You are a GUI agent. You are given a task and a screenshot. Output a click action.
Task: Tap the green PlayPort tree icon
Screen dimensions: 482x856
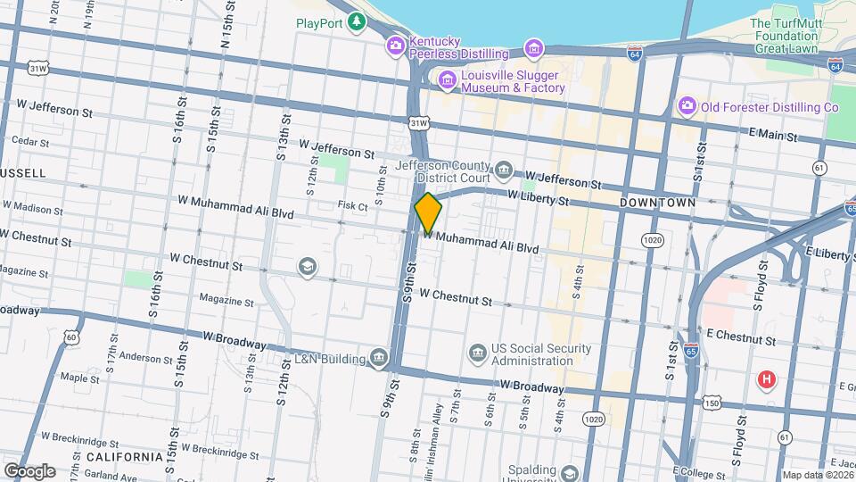pyautogui.click(x=357, y=21)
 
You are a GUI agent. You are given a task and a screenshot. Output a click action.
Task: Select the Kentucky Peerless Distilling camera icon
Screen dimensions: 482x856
pyautogui.click(x=395, y=46)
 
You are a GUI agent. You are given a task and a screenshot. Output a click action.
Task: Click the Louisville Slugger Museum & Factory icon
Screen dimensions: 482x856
pyautogui.click(x=446, y=80)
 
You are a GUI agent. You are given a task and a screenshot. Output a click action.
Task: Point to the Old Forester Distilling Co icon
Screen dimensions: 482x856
pyautogui.click(x=687, y=107)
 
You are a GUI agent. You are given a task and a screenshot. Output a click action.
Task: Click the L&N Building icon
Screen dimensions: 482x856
pyautogui.click(x=379, y=359)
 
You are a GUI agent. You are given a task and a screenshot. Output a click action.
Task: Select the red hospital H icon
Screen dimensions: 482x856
pyautogui.click(x=765, y=381)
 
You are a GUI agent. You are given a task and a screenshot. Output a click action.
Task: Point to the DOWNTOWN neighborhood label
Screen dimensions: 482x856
pyautogui.click(x=657, y=204)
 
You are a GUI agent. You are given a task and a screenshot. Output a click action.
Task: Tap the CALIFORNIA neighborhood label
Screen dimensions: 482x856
pyautogui.click(x=124, y=457)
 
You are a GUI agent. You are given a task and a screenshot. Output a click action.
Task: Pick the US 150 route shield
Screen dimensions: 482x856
pyautogui.click(x=711, y=404)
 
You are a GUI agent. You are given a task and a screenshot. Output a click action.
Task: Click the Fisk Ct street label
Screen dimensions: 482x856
pyautogui.click(x=353, y=206)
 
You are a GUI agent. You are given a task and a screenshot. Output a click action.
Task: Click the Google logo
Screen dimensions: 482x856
pyautogui.click(x=29, y=470)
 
